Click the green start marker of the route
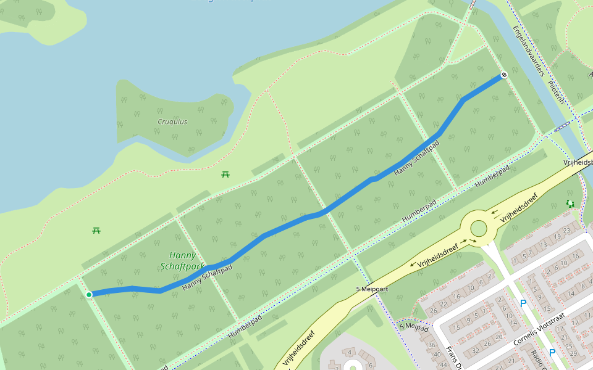(89, 295)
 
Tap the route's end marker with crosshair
(503, 75)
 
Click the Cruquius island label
(172, 121)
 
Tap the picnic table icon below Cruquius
(225, 175)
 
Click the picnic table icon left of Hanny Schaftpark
(96, 231)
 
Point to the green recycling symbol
(570, 203)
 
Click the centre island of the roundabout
(478, 229)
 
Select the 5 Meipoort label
(372, 289)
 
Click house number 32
(475, 350)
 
